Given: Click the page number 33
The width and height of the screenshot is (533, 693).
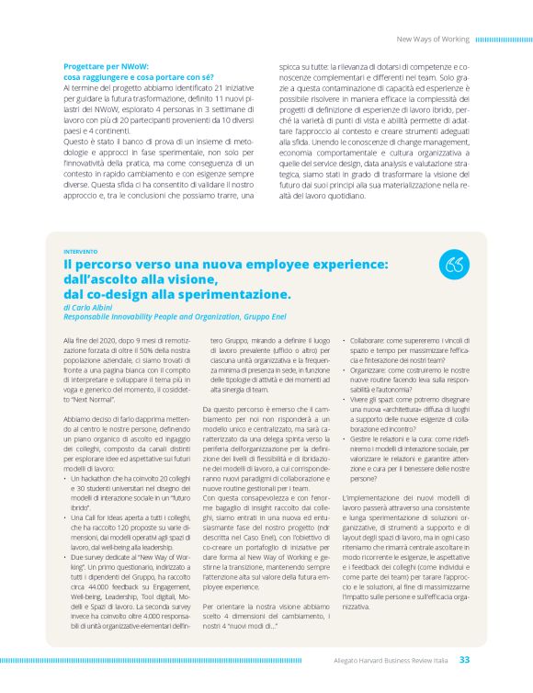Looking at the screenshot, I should pos(465,659).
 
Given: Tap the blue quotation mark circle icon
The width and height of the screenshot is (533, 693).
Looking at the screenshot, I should pos(452,264).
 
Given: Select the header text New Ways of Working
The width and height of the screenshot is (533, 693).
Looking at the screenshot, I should pos(435,40).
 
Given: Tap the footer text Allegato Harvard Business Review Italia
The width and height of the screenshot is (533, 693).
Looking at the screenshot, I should pos(391,659).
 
